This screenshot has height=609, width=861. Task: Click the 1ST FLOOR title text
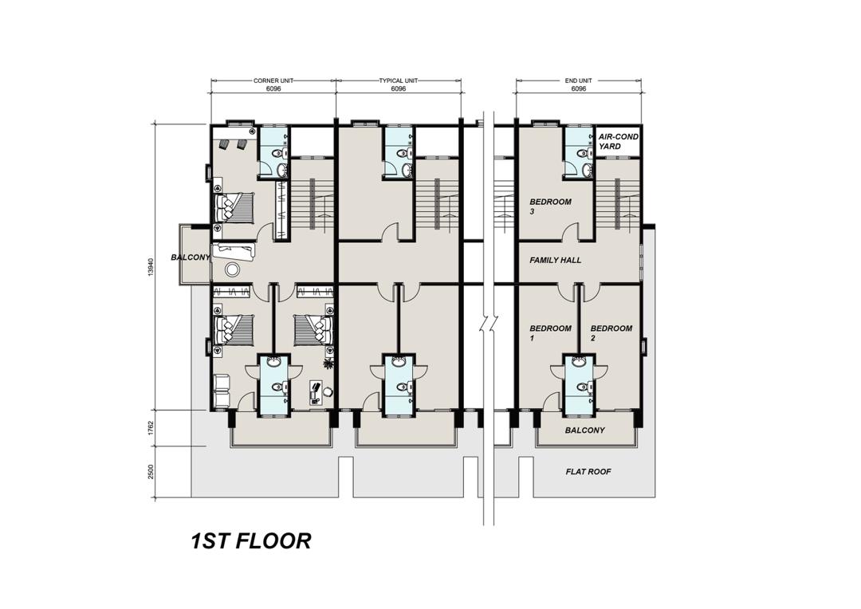[250, 541]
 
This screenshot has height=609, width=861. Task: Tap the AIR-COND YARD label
[618, 141]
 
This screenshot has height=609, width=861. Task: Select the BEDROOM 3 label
[550, 206]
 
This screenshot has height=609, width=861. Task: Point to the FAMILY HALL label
[555, 261]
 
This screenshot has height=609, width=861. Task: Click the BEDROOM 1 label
[550, 332]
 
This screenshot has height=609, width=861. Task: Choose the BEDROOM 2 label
[611, 332]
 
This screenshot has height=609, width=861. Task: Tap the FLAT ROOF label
[588, 472]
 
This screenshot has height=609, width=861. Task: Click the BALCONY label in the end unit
[585, 430]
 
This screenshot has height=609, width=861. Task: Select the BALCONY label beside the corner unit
[190, 257]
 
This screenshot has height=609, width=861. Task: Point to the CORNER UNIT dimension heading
[273, 81]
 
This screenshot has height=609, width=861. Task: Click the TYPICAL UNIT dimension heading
[398, 81]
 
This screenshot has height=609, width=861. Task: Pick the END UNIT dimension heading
[578, 81]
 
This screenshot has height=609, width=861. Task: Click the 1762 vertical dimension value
[151, 428]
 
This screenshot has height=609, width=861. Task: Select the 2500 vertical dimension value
[151, 472]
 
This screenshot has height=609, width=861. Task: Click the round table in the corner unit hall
[233, 269]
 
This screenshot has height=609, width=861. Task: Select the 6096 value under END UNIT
[578, 88]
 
